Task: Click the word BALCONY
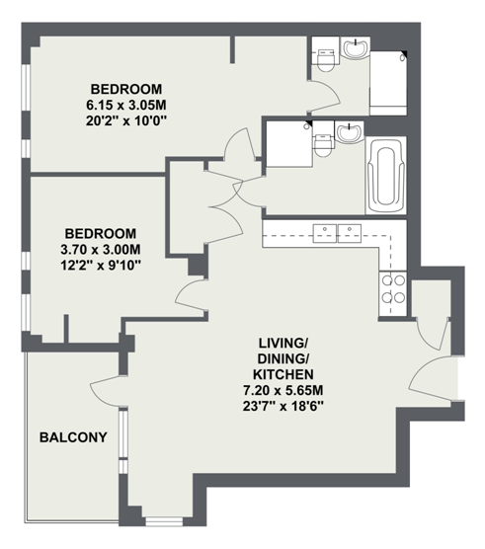pos(73,437)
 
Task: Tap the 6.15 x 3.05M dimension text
pos(126,105)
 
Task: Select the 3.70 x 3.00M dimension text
pos(101,250)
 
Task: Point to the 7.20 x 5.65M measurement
pos(283,390)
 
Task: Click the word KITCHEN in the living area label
pos(283,374)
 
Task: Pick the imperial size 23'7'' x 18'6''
pos(283,406)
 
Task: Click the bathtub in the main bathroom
pos(385,176)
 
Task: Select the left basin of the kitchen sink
pos(325,234)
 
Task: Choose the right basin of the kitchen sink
pos(350,234)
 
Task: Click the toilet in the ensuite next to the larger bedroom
pos(325,60)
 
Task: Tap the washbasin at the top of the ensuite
pos(356,47)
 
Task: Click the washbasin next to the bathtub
pos(349,132)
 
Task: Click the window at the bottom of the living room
pos(164,522)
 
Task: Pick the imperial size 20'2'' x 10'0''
pos(126,121)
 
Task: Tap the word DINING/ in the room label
pos(283,358)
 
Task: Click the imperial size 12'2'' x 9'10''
pos(101,266)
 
